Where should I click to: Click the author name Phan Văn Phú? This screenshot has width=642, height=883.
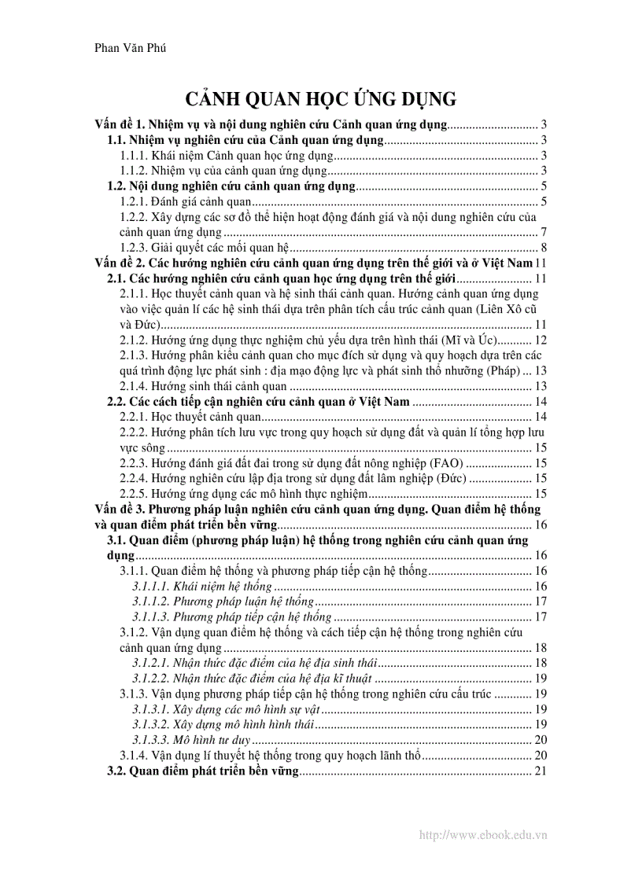point(130,48)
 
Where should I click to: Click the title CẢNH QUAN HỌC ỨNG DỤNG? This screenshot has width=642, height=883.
point(320,99)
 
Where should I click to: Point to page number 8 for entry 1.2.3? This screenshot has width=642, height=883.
point(544,247)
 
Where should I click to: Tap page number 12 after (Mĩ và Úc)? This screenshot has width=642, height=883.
point(540,340)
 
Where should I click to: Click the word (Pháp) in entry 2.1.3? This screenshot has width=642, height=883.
point(501,370)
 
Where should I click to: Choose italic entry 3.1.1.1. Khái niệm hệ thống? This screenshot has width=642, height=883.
point(202,586)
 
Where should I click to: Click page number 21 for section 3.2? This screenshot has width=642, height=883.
point(540,771)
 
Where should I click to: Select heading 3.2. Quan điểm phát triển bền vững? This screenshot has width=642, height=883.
point(202,771)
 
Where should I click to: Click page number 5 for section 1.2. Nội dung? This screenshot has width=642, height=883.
point(544,186)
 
